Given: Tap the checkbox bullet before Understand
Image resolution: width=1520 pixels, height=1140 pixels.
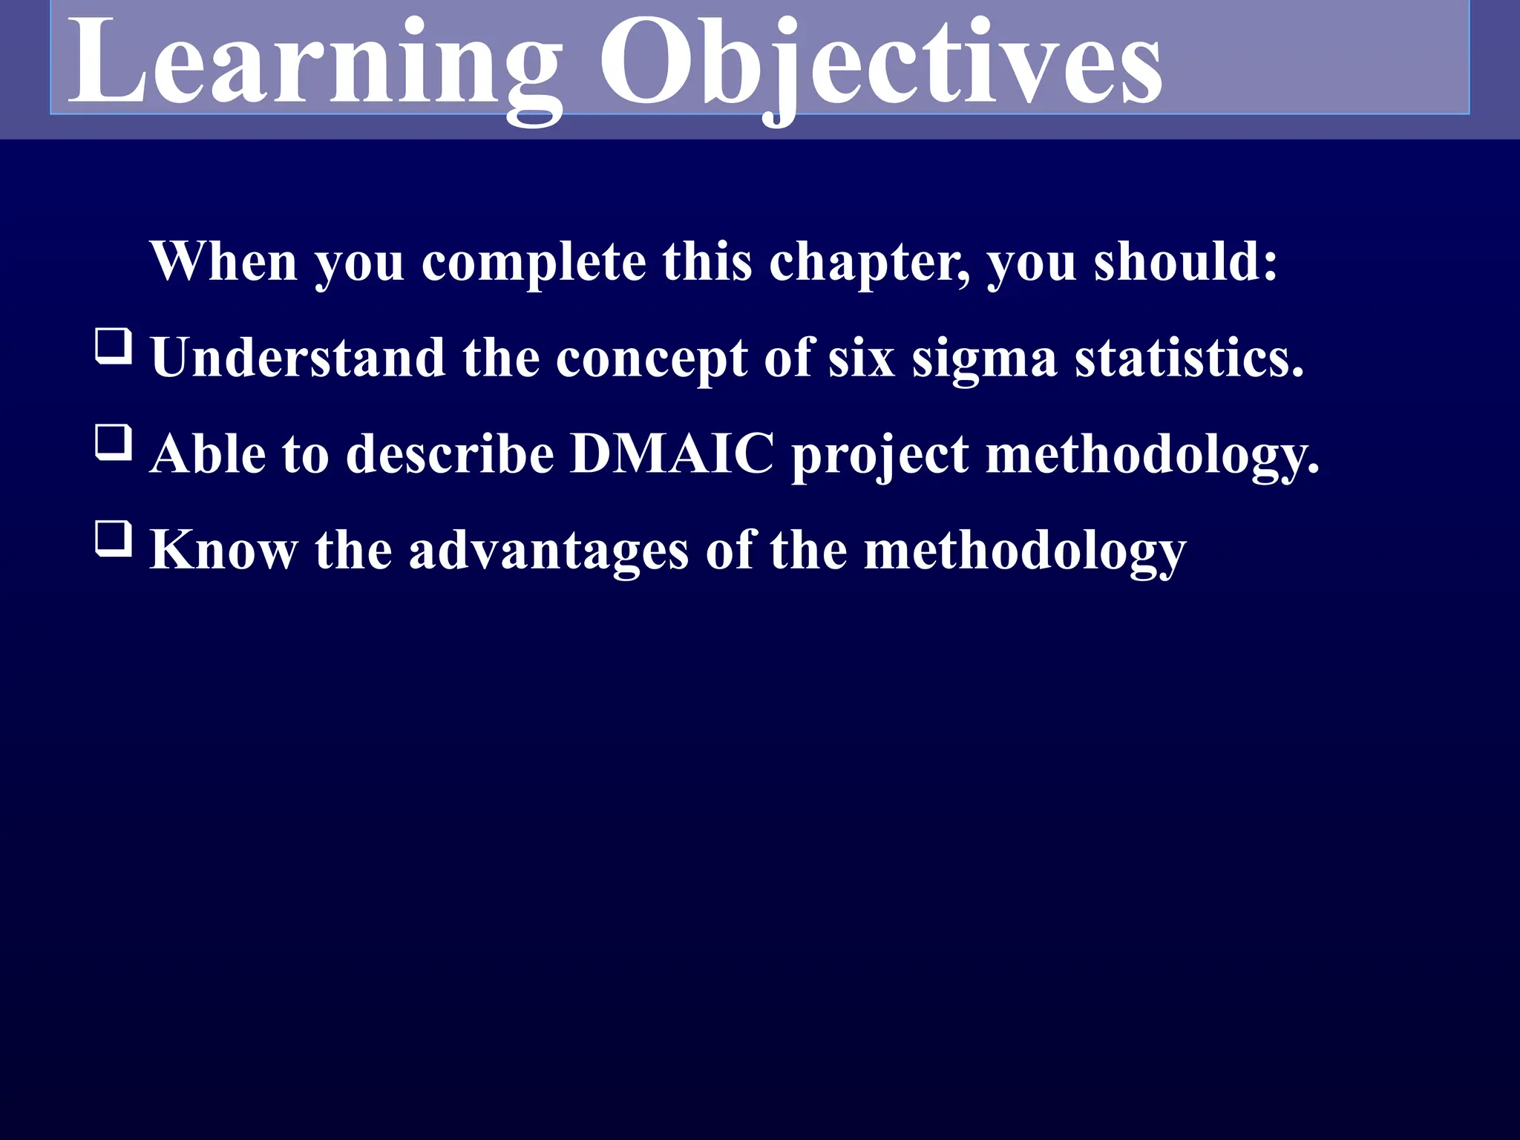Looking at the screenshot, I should pos(114,347).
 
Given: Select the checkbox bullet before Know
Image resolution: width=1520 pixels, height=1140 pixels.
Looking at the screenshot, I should pos(114,539).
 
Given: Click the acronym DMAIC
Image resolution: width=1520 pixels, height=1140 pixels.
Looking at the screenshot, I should pos(672,453).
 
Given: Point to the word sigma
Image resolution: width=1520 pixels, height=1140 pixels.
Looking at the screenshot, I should pos(984,358).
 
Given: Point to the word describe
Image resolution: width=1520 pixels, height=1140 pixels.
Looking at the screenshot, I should pos(450,453).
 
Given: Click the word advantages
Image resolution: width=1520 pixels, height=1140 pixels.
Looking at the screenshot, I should pos(548,551).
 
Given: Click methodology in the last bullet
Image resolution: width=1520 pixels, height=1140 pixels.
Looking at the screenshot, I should pos(1025,551).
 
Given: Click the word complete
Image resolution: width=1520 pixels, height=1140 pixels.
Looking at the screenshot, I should pos(534,264).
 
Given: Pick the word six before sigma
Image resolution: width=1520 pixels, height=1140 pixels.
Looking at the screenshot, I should pos(861,358).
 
